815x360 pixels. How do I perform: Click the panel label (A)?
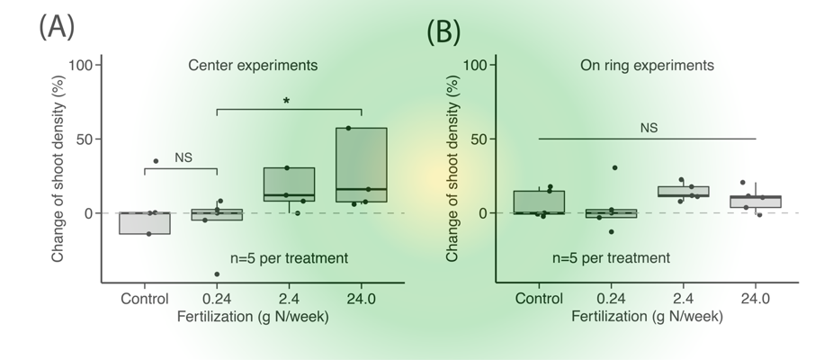56,26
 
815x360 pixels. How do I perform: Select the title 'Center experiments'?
253,66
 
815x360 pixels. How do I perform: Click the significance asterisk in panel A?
286,102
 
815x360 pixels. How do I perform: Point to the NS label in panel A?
184,156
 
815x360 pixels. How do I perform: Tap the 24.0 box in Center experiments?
361,165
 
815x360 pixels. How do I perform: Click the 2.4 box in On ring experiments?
684,192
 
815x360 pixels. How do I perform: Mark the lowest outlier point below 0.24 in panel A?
217,274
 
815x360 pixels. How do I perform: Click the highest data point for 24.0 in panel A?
348,128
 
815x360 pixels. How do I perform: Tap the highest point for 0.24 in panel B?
614,167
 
